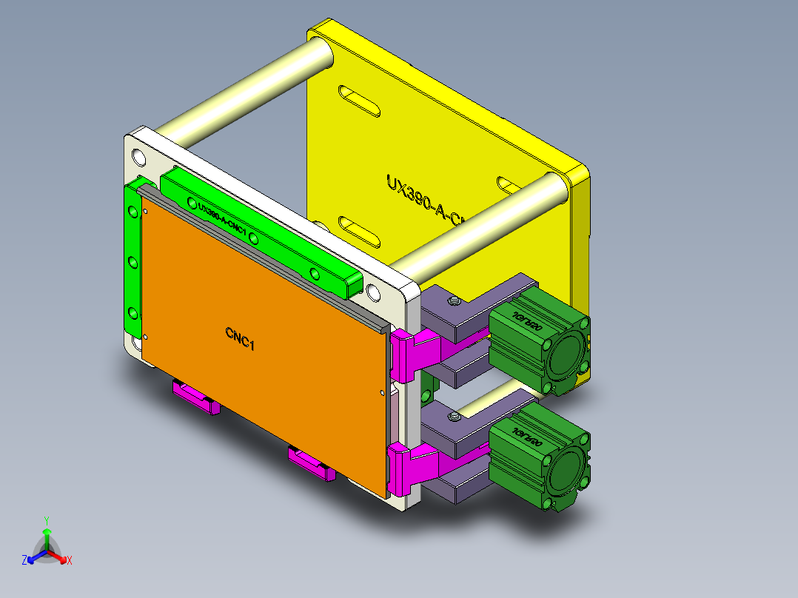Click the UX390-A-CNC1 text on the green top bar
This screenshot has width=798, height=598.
point(222,218)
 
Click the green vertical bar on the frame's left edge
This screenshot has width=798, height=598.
point(133,259)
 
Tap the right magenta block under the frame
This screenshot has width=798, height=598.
point(311,463)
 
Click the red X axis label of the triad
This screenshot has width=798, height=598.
point(70,561)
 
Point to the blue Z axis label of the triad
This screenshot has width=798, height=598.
point(24,561)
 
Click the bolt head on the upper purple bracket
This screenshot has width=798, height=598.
point(453,300)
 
